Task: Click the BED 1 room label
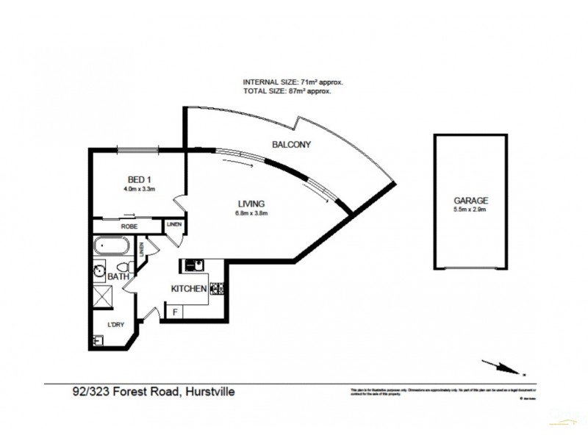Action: [138, 179]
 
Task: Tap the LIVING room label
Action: [251, 204]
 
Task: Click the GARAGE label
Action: [470, 200]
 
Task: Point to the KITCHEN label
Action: [189, 289]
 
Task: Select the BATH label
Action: [118, 277]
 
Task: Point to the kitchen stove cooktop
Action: [218, 289]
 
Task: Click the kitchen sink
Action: [194, 265]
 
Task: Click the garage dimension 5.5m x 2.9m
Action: [470, 209]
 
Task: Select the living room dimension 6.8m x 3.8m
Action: [251, 214]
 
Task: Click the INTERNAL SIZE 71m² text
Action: [293, 82]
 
